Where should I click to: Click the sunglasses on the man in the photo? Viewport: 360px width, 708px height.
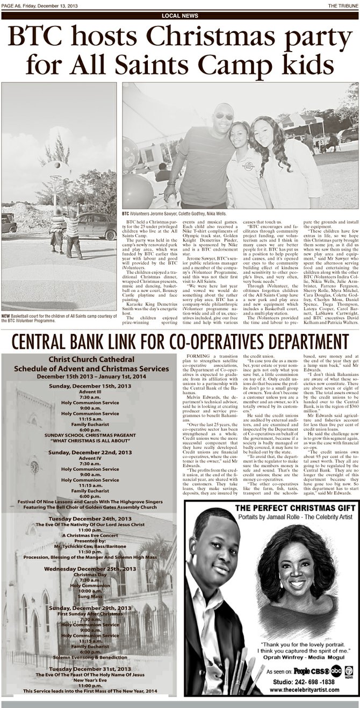tap(224, 116)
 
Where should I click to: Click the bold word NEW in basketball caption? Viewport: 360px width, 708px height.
tap(6, 315)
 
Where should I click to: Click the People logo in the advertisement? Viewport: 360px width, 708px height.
tap(305, 671)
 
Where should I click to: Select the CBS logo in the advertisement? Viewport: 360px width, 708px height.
tap(322, 671)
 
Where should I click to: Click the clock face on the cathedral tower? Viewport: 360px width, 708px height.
tap(34, 467)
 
